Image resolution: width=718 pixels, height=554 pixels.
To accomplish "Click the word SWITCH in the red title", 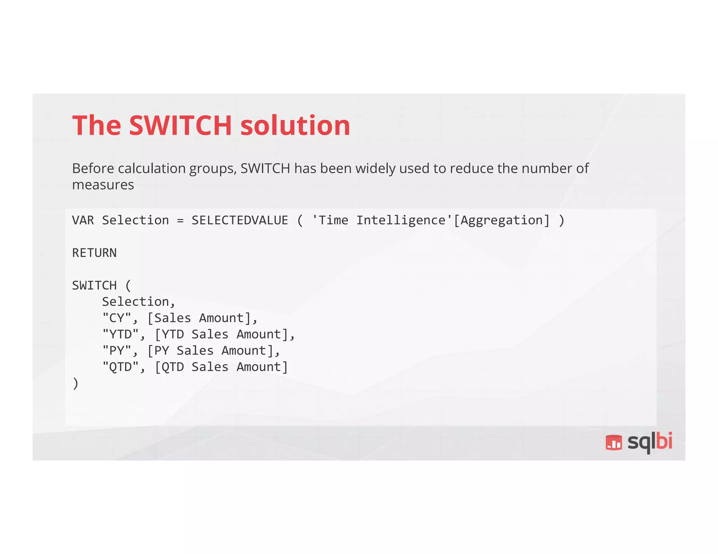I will [180, 125].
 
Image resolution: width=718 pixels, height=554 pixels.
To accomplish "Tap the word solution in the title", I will [295, 125].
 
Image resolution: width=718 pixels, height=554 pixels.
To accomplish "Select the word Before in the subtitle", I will [93, 168].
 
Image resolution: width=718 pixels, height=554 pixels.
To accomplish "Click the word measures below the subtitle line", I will [103, 185].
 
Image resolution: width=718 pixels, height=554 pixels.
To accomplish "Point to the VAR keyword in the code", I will [83, 220].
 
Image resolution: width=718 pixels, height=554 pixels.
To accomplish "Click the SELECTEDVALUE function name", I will [240, 220].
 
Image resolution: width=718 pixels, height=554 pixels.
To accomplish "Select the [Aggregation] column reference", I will [502, 221].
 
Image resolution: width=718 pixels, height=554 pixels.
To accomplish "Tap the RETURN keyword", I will [94, 253].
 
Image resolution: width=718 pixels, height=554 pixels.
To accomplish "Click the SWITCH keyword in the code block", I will [94, 285].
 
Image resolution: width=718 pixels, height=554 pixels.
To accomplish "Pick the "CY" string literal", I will [117, 318].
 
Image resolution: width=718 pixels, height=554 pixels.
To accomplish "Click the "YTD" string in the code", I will [121, 334].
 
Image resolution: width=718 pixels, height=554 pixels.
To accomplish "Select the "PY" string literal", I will [117, 351].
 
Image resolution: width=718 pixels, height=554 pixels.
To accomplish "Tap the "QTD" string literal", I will [121, 367].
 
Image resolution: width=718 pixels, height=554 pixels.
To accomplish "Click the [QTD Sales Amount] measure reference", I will [221, 367].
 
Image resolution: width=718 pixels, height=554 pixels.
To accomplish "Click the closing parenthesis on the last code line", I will [75, 383].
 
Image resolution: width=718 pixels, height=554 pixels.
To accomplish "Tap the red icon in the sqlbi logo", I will [614, 442].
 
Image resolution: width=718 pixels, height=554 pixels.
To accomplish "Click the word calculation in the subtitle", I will [152, 168].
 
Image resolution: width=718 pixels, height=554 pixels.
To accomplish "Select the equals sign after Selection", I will [180, 221].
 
